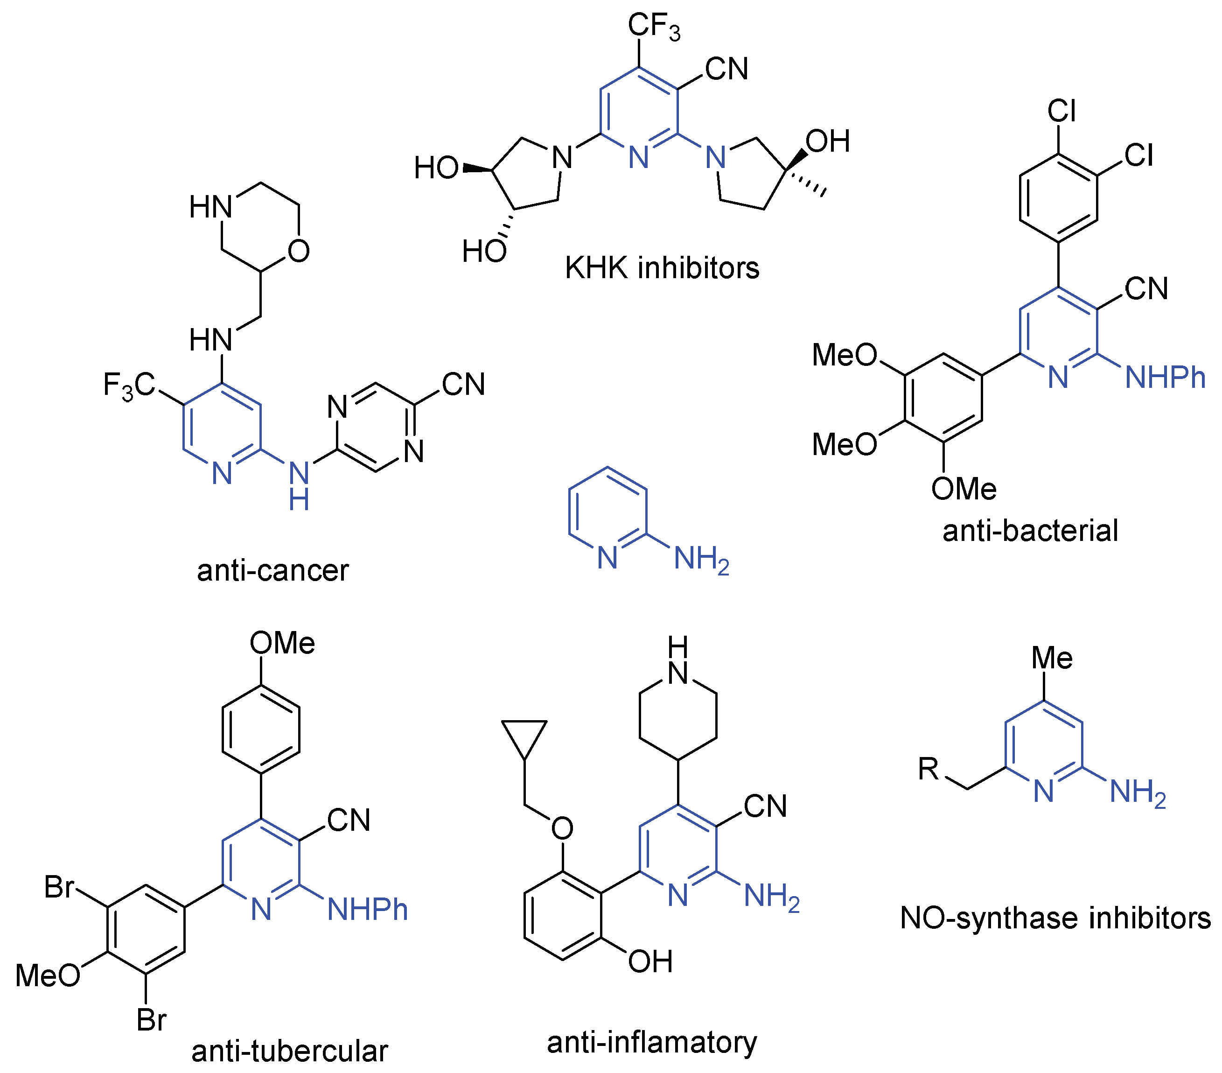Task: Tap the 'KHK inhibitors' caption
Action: (661, 267)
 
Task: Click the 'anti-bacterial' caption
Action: (1029, 531)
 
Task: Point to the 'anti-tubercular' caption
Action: (289, 1051)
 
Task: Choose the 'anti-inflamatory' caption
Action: (652, 1042)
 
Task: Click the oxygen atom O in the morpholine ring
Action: (298, 251)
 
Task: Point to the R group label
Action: (929, 769)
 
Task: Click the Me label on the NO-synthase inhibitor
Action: (1052, 658)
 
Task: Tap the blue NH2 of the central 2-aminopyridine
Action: (701, 559)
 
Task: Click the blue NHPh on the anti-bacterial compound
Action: (1165, 378)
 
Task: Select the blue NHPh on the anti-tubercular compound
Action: (367, 910)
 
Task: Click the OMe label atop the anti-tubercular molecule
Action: (281, 643)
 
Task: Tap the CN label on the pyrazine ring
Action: (463, 384)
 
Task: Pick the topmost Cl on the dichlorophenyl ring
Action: (1062, 111)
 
